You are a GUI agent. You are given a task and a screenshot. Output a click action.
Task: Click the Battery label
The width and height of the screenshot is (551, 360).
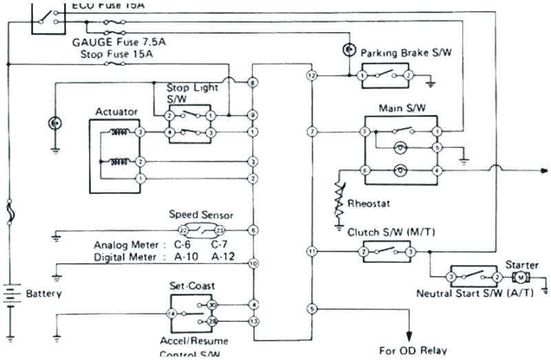coord(43,294)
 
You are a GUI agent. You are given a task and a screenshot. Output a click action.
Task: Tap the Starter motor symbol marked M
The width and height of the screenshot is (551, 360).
coord(521,277)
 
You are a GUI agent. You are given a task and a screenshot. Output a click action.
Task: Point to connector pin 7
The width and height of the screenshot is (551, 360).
coord(312,131)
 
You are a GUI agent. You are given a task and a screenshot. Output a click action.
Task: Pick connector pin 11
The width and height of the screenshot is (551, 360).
coord(312,252)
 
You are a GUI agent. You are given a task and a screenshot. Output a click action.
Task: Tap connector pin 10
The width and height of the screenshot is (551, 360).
coord(253,263)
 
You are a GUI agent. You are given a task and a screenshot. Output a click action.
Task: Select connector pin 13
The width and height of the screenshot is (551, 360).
coord(253,321)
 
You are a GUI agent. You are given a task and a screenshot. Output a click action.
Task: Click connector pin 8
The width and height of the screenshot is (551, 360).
coord(253,83)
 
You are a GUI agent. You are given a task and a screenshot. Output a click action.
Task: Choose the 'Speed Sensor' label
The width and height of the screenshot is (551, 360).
coord(201,215)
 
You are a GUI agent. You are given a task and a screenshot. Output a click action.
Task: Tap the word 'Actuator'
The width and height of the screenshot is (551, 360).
coord(116,112)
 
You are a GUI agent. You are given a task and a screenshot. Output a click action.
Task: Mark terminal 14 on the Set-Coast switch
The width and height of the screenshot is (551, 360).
coord(171,313)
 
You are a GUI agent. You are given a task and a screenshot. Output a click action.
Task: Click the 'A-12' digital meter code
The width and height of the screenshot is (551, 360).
coord(222,257)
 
